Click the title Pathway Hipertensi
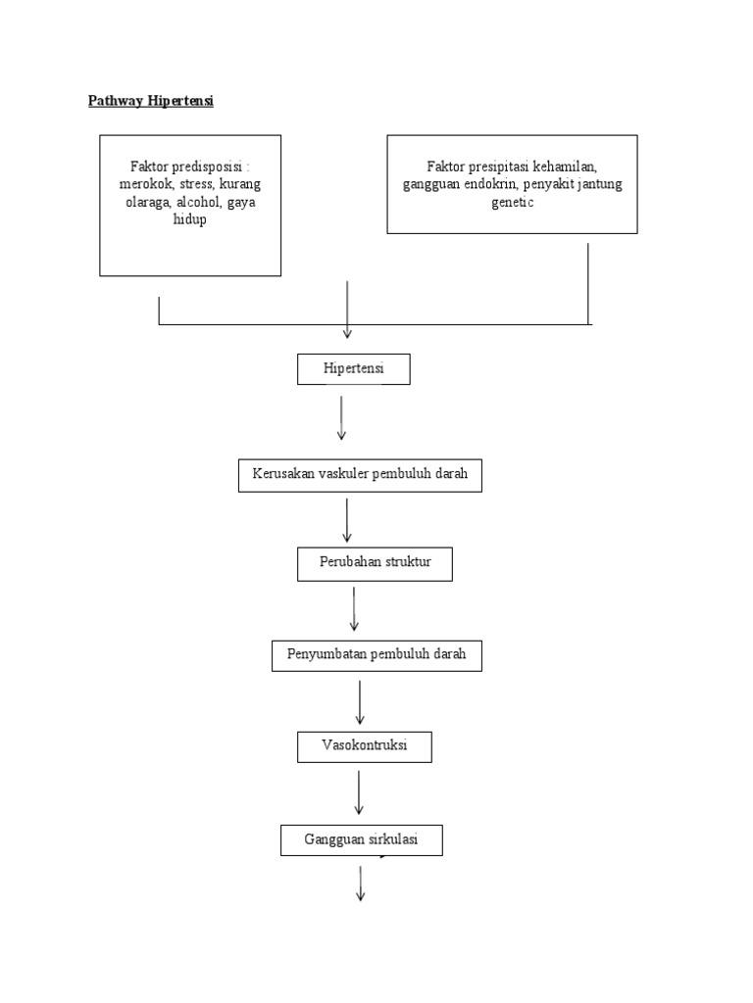click(x=150, y=100)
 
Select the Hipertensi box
click(x=354, y=369)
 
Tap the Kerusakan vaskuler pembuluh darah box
click(x=360, y=475)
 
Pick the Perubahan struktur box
click(x=375, y=564)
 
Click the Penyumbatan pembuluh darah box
click(x=376, y=654)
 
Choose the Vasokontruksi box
click(x=364, y=745)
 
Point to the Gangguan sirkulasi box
click(x=361, y=839)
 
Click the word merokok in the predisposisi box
click(x=145, y=184)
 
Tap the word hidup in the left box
click(x=190, y=219)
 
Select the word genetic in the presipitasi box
click(x=513, y=202)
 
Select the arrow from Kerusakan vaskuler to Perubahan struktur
click(x=347, y=519)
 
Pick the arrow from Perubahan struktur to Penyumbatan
click(x=354, y=608)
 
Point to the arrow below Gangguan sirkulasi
click(x=360, y=883)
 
